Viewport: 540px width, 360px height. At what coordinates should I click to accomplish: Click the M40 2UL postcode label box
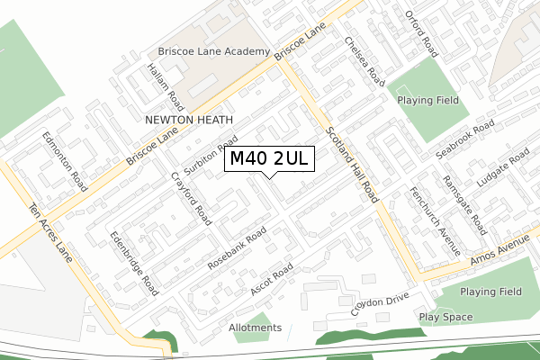click(x=270, y=159)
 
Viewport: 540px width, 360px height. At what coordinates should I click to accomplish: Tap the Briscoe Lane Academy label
click(x=213, y=52)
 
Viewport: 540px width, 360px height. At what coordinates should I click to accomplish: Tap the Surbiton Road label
click(x=210, y=156)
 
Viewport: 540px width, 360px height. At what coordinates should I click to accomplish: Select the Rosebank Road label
click(x=237, y=248)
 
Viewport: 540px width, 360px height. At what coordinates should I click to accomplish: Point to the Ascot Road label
click(x=273, y=283)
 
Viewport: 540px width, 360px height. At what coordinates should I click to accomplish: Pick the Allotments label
click(x=256, y=328)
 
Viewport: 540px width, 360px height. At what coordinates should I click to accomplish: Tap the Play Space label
click(x=445, y=318)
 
